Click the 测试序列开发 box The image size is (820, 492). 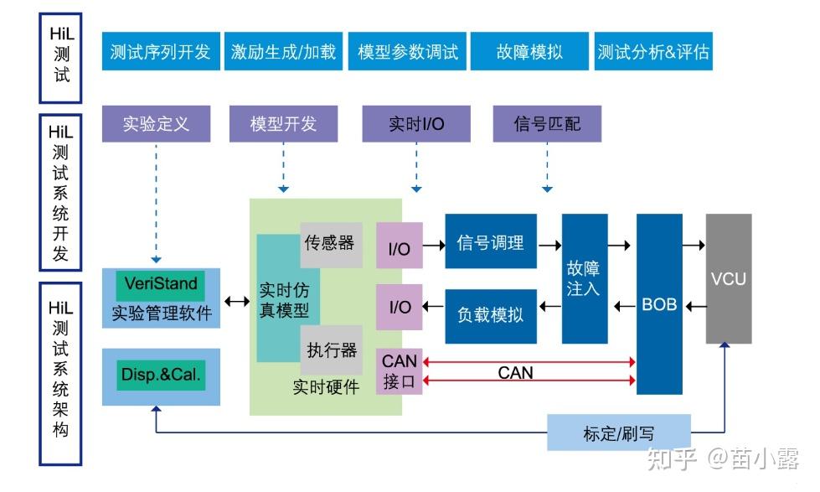pos(160,52)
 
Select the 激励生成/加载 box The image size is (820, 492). pos(283,52)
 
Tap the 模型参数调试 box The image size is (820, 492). pos(407,52)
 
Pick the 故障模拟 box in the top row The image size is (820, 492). pos(529,52)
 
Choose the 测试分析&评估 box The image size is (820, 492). pos(653,52)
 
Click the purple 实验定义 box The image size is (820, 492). pos(157,124)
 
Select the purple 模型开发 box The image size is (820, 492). pos(283,124)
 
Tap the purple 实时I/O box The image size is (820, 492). pos(416,124)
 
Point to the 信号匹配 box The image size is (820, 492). pos(547,124)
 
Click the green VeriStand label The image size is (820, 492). pos(161,284)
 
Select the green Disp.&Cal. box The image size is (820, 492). pos(161,375)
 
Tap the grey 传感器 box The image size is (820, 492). pos(331,244)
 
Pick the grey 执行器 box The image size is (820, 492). pos(331,350)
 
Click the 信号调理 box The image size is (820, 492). pos(490,242)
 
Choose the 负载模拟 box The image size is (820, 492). pos(490,315)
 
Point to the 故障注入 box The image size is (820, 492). pos(584,278)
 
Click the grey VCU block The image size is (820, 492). pos(728,278)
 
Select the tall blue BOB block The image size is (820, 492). pos(659,303)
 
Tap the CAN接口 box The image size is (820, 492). pos(400,372)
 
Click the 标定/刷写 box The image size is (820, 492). pos(619,432)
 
